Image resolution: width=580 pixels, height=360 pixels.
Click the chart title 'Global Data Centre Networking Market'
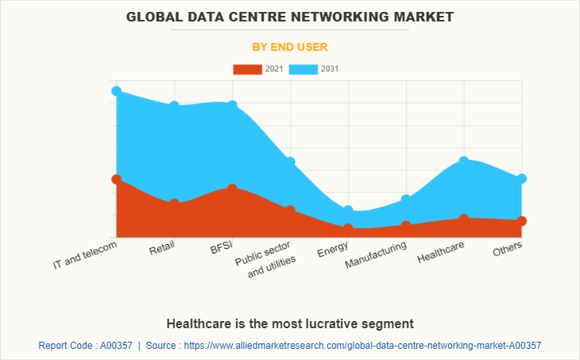[289, 16]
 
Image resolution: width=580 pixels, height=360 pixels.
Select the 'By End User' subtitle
[289, 47]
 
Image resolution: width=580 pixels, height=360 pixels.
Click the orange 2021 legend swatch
[247, 69]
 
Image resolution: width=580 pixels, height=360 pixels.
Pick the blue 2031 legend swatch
[304, 69]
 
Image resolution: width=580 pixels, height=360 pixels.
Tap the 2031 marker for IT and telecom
[116, 91]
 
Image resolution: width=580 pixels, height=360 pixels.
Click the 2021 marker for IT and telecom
[116, 180]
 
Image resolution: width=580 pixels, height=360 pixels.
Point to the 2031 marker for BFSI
[232, 106]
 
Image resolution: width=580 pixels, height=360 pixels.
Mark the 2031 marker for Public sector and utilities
[290, 162]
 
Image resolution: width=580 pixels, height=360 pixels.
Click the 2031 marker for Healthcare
[464, 161]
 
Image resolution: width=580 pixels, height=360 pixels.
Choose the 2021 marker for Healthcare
[464, 219]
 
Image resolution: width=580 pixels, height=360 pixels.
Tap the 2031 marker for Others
[522, 179]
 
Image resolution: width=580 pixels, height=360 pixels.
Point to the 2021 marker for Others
[522, 221]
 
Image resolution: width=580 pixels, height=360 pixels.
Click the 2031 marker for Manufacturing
[406, 199]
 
